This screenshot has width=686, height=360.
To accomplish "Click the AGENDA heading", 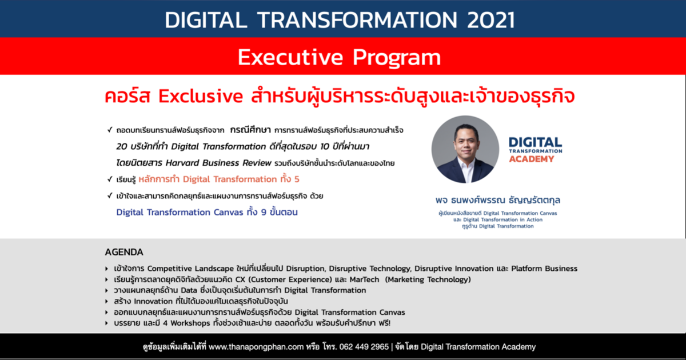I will point(124,252).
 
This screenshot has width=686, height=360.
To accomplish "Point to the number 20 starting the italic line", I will point(122,146).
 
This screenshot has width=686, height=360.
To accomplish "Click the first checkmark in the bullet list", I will point(109,130).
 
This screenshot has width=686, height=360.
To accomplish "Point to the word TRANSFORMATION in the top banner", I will point(355,20).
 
